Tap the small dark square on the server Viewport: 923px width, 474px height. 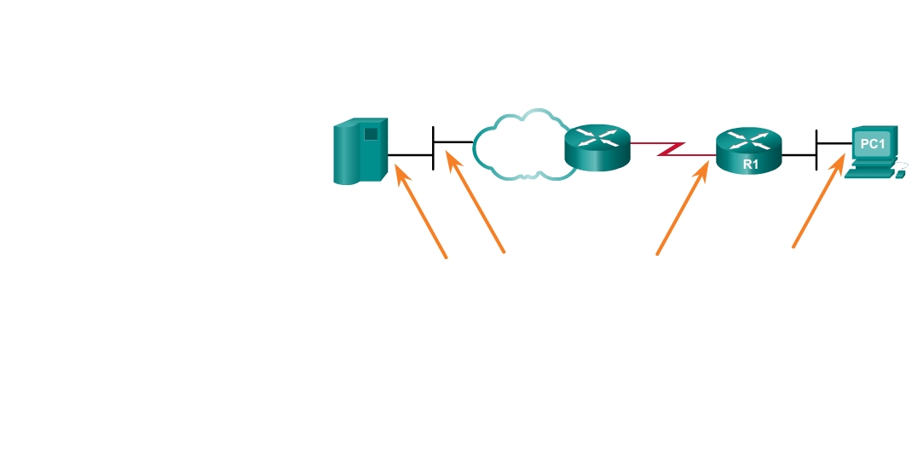click(x=371, y=134)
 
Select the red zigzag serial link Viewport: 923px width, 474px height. click(x=672, y=150)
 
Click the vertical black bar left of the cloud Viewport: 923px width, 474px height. click(x=434, y=147)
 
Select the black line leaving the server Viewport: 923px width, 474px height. click(x=411, y=155)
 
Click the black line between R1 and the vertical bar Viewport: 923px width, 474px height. click(x=799, y=155)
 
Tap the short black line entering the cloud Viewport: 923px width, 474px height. click(x=453, y=141)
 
